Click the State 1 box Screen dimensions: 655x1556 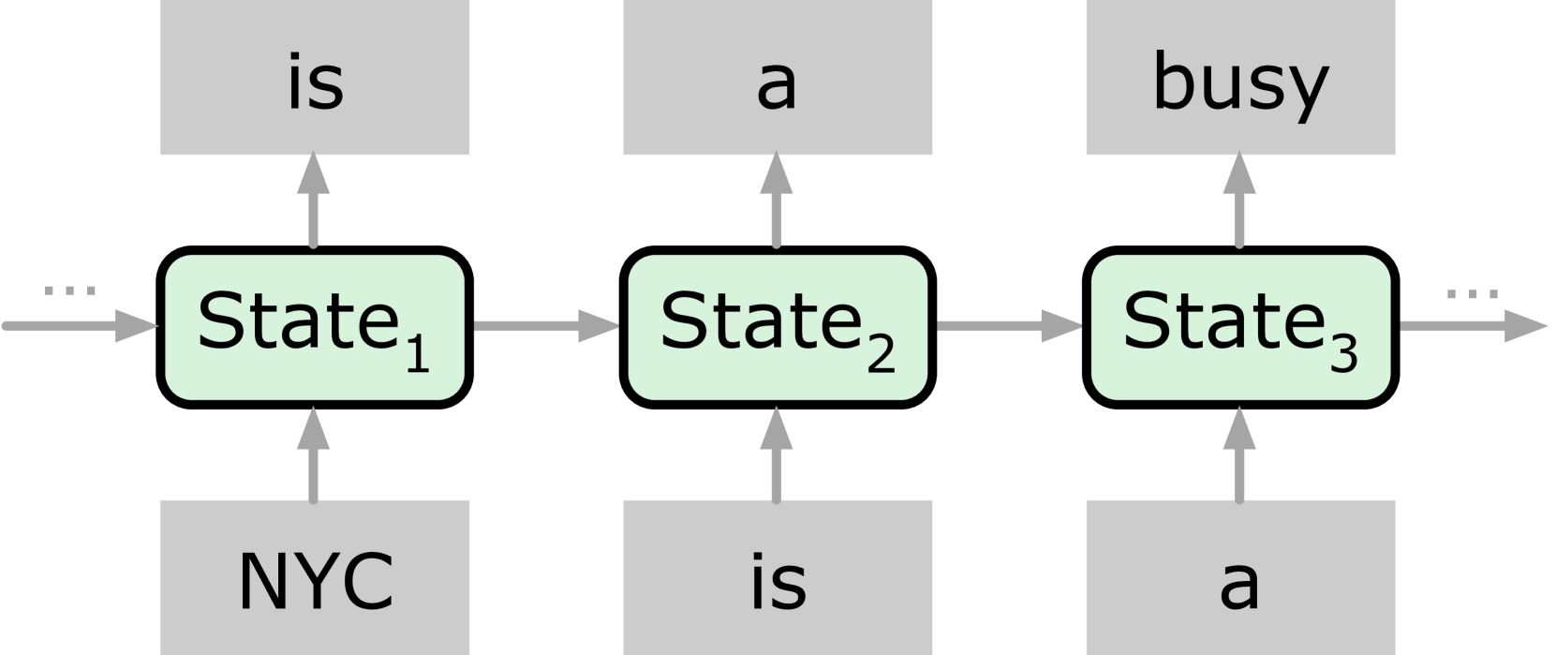coord(315,327)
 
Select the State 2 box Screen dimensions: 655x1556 coord(778,327)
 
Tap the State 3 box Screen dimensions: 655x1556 coord(1240,327)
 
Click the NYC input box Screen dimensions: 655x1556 coord(315,577)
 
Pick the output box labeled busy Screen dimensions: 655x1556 coord(1240,77)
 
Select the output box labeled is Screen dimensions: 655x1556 coord(315,77)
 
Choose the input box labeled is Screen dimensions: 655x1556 coord(778,577)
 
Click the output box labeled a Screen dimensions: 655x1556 coord(778,77)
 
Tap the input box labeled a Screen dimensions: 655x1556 coord(1240,577)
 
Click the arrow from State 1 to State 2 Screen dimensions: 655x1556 coord(546,326)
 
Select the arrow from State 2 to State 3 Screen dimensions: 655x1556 coord(1009,326)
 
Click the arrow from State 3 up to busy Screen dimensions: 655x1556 coord(1240,201)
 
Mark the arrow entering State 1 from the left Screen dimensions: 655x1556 coord(81,326)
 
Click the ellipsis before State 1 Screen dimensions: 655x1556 coord(70,291)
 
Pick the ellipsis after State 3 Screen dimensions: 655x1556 coord(1472,294)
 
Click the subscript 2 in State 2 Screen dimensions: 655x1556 coord(880,357)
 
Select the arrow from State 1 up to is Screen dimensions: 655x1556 coord(313,201)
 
